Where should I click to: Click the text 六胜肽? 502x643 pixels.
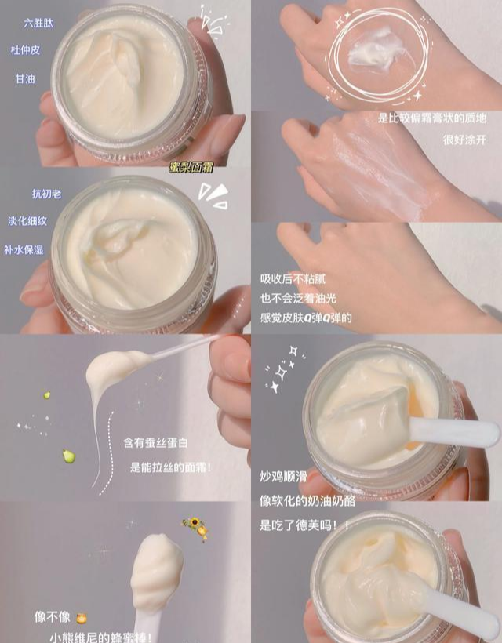[x=38, y=23]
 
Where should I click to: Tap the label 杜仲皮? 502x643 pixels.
[x=25, y=50]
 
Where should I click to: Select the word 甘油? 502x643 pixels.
[x=25, y=78]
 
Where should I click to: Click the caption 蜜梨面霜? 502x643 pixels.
[x=191, y=167]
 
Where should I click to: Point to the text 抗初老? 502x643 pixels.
[x=47, y=194]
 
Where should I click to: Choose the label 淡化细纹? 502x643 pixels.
[x=27, y=221]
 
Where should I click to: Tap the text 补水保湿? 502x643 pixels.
[x=24, y=249]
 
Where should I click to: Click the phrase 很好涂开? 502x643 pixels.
[x=464, y=140]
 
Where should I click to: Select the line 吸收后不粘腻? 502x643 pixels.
[x=293, y=279]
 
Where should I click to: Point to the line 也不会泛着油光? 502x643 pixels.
[x=298, y=298]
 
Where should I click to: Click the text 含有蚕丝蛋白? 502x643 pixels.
[x=155, y=443]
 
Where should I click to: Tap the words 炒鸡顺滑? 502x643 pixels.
[x=283, y=476]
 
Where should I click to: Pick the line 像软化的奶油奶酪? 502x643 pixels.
[x=307, y=501]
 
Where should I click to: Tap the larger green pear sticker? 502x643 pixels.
[x=68, y=456]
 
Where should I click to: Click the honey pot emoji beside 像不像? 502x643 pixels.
[x=82, y=618]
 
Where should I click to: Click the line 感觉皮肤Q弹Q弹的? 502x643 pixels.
[x=306, y=318]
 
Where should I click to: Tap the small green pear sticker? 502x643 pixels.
[x=47, y=395]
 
